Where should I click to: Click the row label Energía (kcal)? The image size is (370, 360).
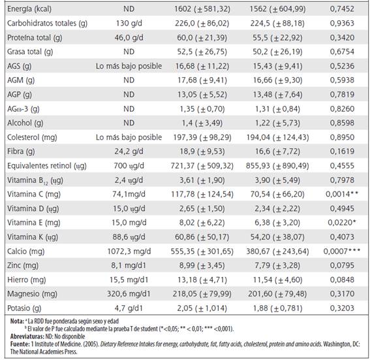tap(29, 9)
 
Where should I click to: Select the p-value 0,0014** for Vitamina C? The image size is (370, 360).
tap(342, 194)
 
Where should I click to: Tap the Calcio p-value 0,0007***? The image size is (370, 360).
tap(342, 251)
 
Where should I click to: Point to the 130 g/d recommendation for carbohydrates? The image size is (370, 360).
tap(129, 24)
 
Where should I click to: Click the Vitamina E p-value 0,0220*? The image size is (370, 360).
tap(342, 223)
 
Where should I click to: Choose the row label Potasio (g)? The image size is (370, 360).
tap(24, 308)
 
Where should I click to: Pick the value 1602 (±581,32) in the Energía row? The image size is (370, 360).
tap(202, 9)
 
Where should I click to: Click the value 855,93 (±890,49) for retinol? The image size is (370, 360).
tap(277, 165)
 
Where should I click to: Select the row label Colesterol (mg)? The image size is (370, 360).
tap(32, 137)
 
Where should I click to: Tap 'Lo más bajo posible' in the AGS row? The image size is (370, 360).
tap(129, 66)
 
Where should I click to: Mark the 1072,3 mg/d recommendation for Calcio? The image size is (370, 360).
tap(129, 251)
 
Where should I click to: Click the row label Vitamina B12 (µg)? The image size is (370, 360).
tap(35, 180)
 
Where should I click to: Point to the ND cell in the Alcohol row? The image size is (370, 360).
tap(129, 123)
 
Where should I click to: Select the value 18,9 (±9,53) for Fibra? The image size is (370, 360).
tap(202, 152)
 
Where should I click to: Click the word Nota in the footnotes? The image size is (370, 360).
tap(17, 321)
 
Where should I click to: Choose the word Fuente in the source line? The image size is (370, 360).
tap(20, 344)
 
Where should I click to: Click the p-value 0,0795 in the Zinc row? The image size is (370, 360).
tap(342, 265)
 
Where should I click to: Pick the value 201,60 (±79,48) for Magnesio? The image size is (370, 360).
tap(277, 294)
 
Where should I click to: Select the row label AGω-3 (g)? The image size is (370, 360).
tap(23, 109)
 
